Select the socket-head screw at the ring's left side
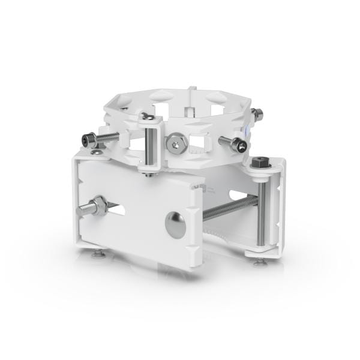click(88, 140)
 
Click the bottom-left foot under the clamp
click(96, 256)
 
